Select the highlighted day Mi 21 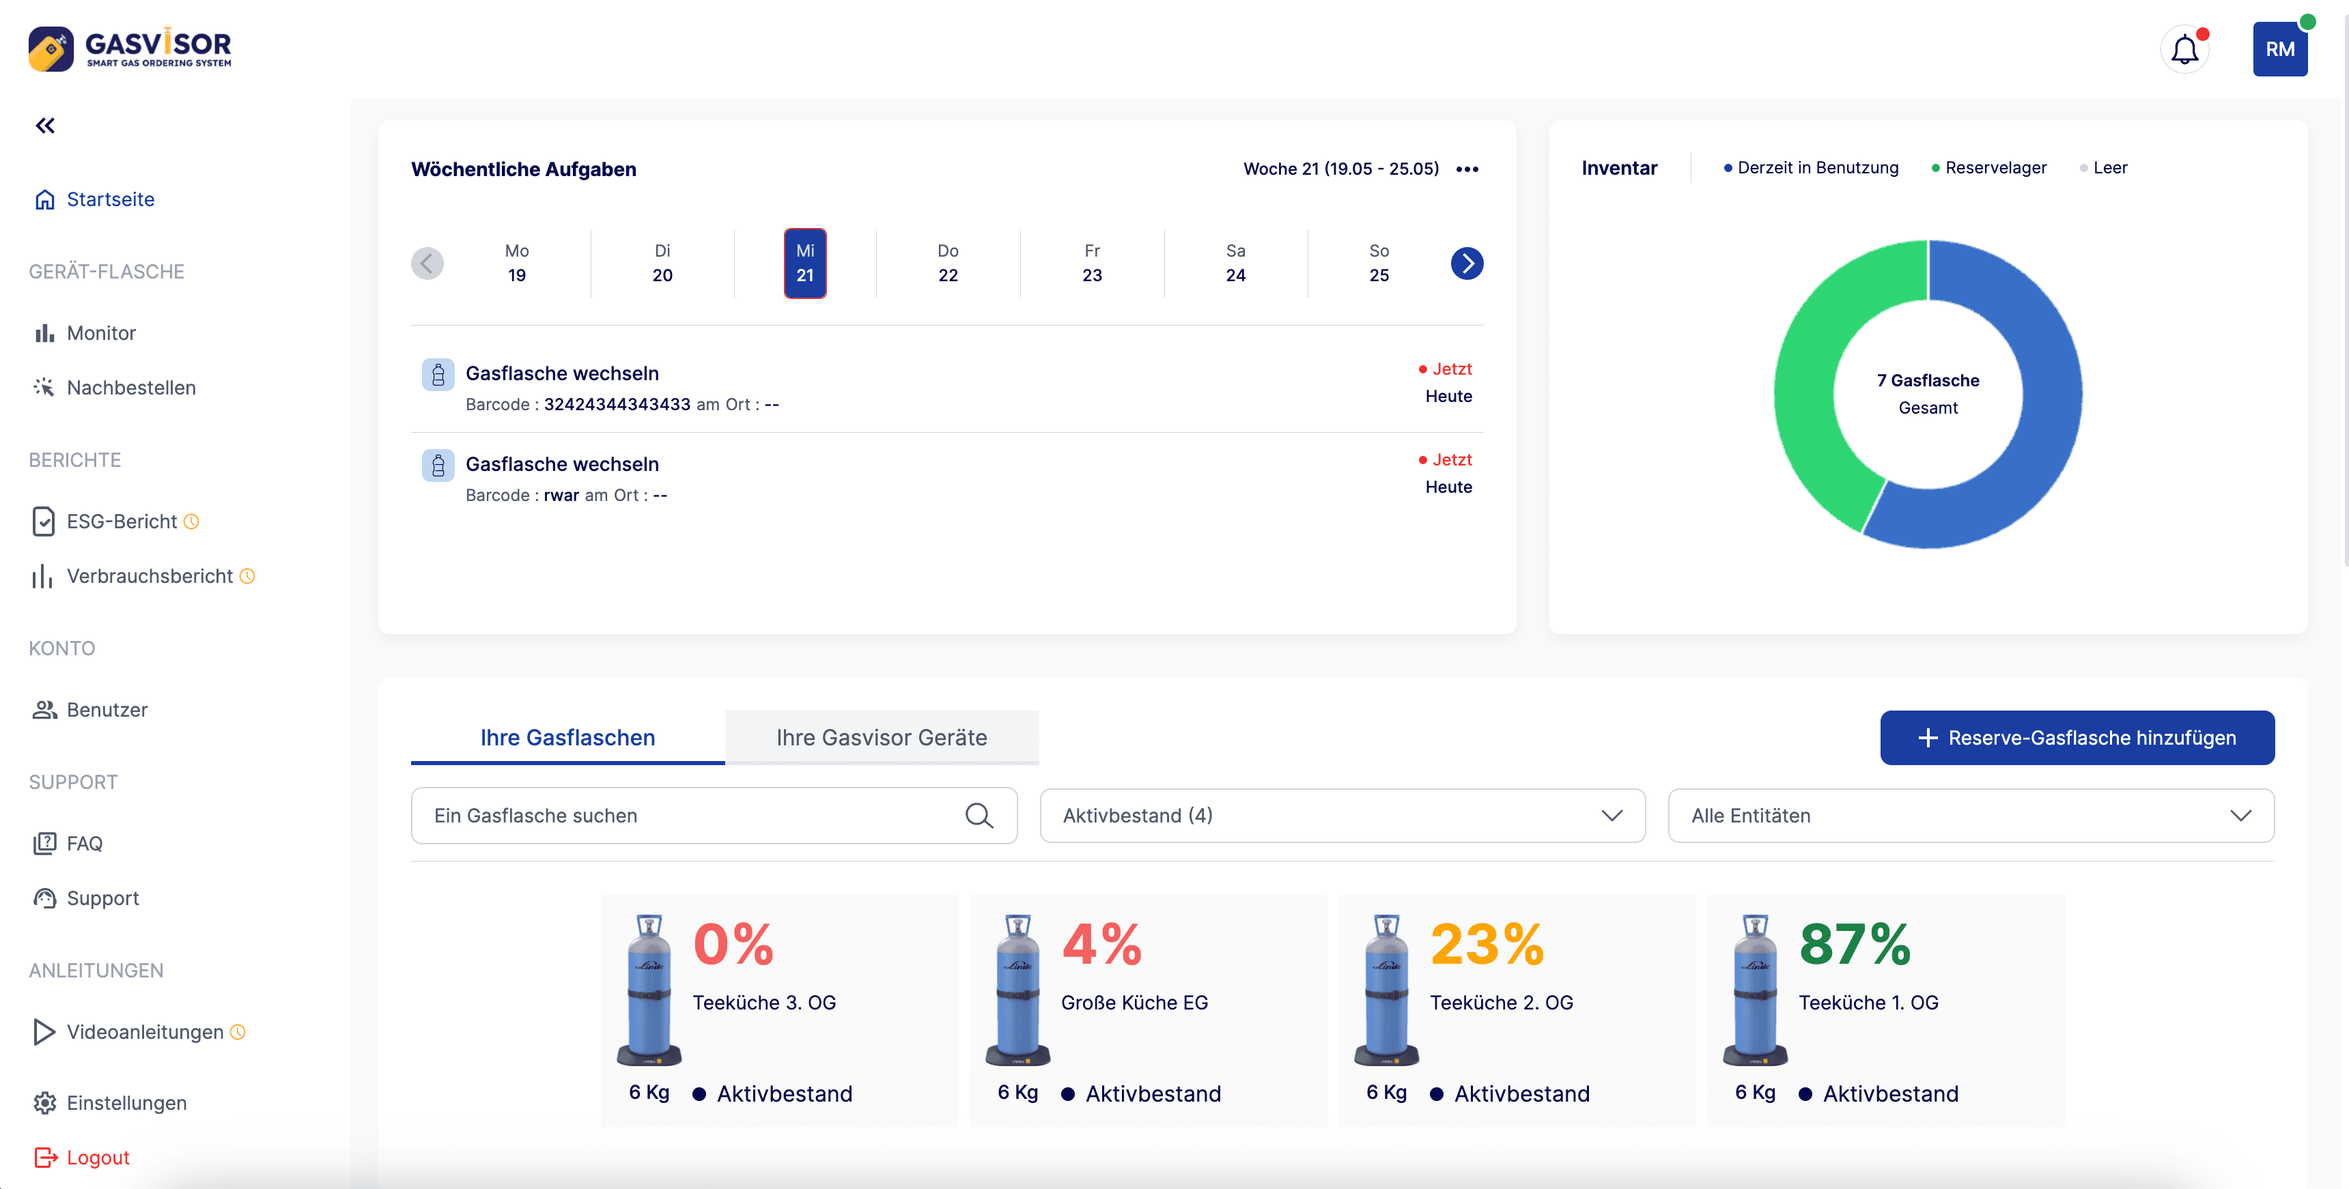click(x=804, y=263)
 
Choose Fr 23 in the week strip click(x=1091, y=263)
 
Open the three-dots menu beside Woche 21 click(x=1467, y=169)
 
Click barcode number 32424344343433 click(x=617, y=404)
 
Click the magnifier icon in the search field click(x=979, y=815)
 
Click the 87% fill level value click(x=1854, y=944)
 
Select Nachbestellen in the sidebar click(x=130, y=388)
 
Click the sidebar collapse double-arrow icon click(x=44, y=126)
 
